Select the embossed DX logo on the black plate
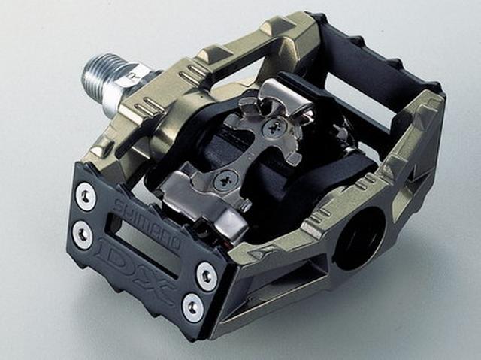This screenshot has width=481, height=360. point(136,268)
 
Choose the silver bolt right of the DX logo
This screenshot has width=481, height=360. point(207,273)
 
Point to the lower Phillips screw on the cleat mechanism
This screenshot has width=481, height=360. point(227,179)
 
